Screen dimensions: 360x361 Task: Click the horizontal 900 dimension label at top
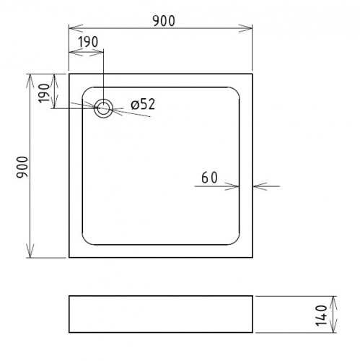pos(164,21)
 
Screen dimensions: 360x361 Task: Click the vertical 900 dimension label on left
pos(22,168)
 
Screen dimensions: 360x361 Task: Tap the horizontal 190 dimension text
pos(88,42)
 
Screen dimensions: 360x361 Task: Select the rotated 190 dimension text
pos(44,93)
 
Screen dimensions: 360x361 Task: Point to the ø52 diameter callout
pos(143,105)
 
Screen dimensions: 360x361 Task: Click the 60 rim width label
pos(209,178)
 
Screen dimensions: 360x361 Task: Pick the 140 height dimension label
pos(321,316)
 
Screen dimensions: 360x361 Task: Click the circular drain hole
pos(103,108)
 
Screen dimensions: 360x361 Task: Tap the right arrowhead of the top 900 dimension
pos(245,28)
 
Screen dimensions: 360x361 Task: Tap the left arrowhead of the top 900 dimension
pos(76,28)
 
